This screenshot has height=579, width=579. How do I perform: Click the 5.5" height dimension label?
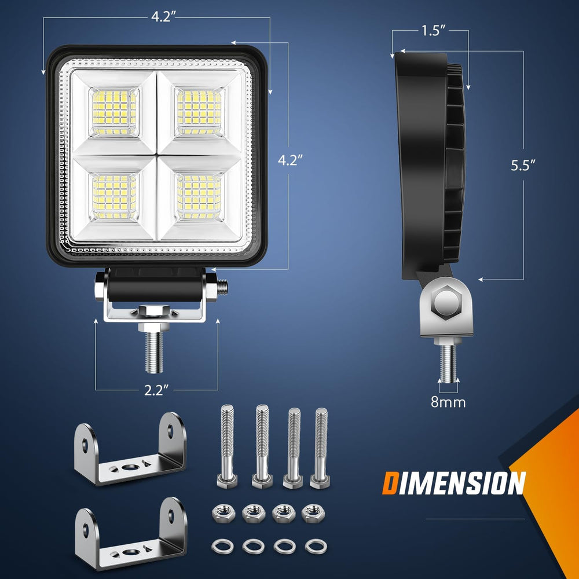523,165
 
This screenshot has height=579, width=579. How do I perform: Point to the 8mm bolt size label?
449,401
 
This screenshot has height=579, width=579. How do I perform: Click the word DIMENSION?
453,483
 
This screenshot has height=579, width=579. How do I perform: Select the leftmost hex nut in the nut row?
221,511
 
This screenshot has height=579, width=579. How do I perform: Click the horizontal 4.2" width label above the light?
160,17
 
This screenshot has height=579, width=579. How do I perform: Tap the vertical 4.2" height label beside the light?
288,160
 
